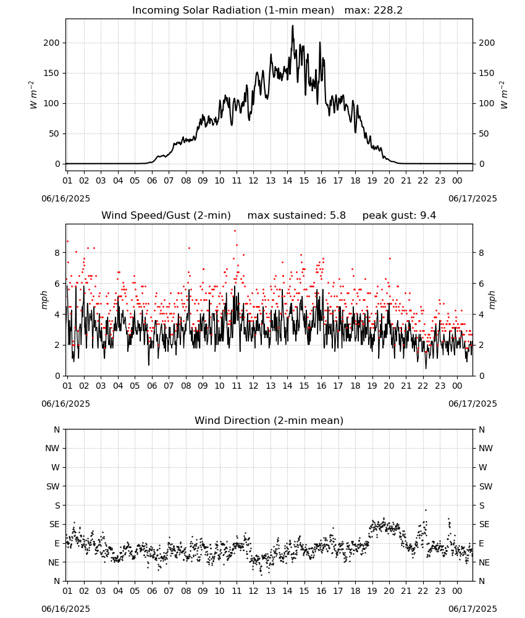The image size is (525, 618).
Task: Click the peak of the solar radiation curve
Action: point(293,25)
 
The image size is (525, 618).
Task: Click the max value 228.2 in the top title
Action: point(388,11)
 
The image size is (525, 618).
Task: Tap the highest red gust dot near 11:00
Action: point(235,231)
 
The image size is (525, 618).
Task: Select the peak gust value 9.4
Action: point(428,216)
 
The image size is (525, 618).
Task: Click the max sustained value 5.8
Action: point(338,216)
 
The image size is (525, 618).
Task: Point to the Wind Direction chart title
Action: point(269,420)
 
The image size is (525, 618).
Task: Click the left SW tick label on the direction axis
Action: point(53,486)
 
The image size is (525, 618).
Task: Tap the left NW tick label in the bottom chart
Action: point(52,448)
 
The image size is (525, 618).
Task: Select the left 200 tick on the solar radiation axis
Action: point(52,43)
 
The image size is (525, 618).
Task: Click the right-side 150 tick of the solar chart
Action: point(487,73)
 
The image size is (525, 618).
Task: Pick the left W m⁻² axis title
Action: point(33,95)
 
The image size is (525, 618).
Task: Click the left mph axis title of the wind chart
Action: point(44,300)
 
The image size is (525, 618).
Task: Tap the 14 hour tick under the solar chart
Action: point(287,180)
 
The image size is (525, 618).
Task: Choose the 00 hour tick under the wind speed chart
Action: point(457,386)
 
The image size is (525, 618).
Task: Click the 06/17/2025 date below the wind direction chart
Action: point(472,609)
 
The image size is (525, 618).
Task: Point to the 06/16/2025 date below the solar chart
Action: point(65,198)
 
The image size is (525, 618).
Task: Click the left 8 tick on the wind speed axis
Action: point(57,253)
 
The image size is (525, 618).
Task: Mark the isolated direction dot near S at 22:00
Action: point(426,510)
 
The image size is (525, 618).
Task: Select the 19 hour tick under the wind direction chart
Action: point(372,591)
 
